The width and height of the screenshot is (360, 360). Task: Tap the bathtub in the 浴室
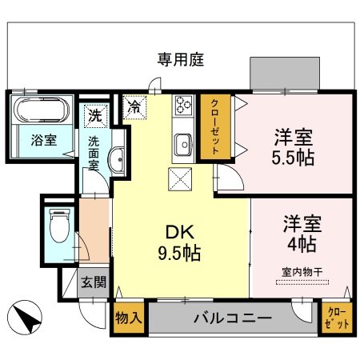click(42, 110)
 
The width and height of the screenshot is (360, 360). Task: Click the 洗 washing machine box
click(96, 114)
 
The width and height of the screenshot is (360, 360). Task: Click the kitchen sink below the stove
click(182, 144)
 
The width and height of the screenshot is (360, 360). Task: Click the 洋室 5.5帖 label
click(291, 146)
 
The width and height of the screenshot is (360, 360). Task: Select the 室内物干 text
click(302, 272)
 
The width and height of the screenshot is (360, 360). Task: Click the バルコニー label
click(232, 318)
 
